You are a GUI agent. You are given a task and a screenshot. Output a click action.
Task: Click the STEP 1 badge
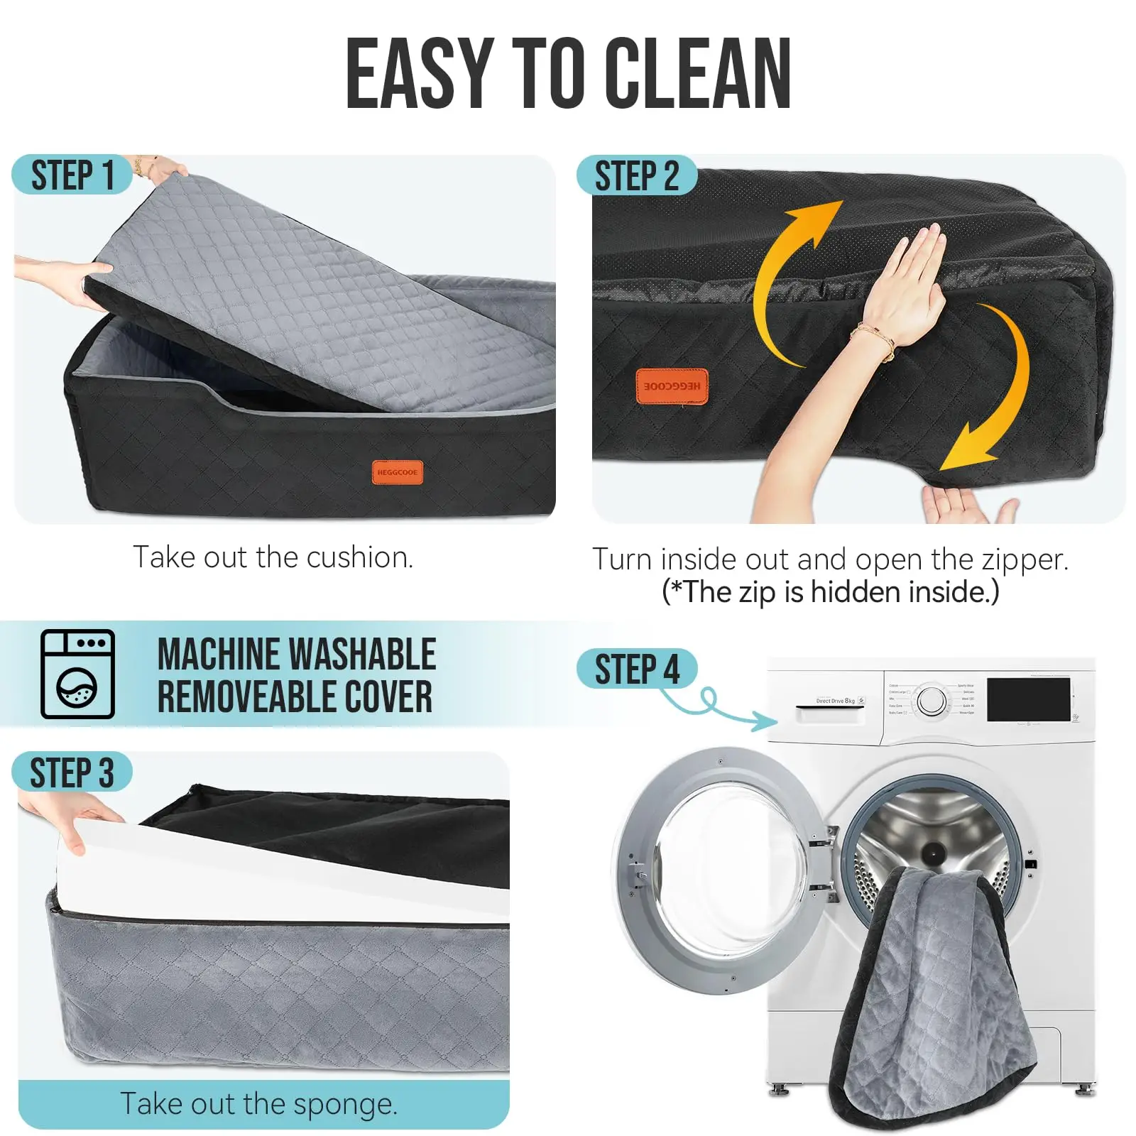[72, 175]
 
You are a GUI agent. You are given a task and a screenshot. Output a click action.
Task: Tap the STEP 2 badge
[636, 175]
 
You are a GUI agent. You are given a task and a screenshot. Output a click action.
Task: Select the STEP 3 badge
[72, 772]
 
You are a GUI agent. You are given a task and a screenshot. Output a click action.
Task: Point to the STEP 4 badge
[636, 670]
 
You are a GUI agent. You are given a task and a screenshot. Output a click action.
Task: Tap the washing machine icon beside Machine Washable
[77, 674]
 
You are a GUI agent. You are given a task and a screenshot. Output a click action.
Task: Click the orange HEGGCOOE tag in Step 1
[398, 472]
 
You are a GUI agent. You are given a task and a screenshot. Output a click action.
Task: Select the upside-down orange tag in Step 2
[672, 386]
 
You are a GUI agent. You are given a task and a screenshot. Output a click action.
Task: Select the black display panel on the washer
[1028, 699]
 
